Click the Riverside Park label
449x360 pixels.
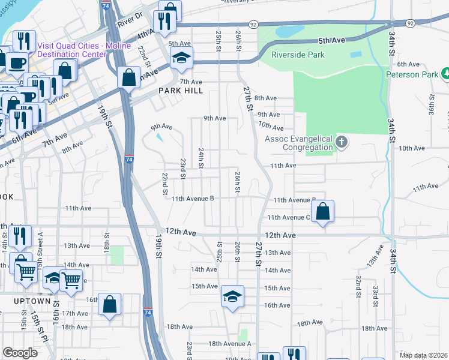[x=298, y=55]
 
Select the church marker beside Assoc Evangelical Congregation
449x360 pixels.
[x=342, y=143]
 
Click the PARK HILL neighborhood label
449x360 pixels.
[x=181, y=91]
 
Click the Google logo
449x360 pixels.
[x=20, y=353]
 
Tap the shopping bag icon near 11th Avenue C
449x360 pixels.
[x=322, y=211]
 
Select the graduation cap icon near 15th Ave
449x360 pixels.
[x=232, y=296]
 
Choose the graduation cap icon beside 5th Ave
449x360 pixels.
[x=180, y=58]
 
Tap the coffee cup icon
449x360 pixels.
[x=16, y=62]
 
